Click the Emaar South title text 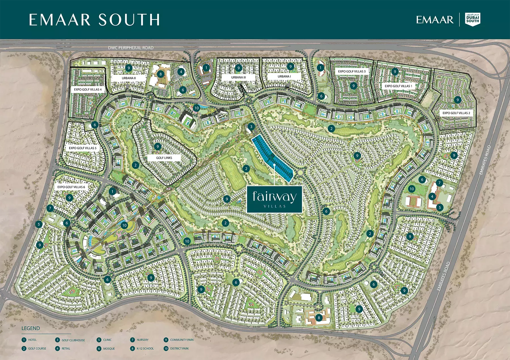[x=94, y=20]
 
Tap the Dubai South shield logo [x=473, y=19]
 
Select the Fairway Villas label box [x=275, y=199]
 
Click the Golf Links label [x=164, y=158]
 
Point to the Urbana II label [x=129, y=78]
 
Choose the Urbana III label [x=239, y=77]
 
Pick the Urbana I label [x=284, y=76]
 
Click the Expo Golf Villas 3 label [x=352, y=71]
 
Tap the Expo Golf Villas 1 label [x=398, y=86]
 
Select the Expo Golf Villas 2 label [x=456, y=113]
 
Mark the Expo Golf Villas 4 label [x=88, y=90]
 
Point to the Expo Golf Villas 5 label [x=82, y=148]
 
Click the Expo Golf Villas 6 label [x=71, y=187]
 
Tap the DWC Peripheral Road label [x=131, y=48]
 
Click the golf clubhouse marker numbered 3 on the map [x=251, y=126]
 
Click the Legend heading [x=31, y=328]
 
